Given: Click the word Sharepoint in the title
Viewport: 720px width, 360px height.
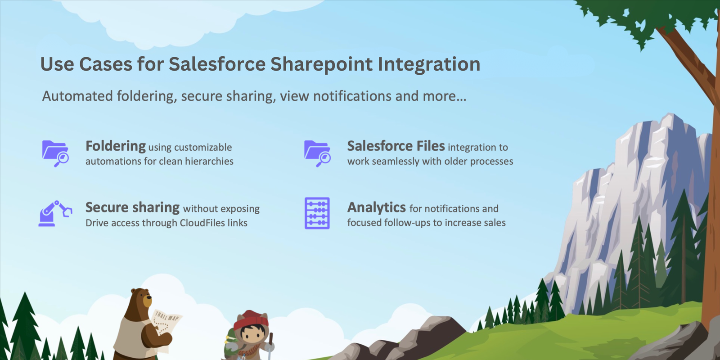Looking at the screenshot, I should click(x=321, y=64).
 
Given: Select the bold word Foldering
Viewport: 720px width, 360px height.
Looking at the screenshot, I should click(x=116, y=146).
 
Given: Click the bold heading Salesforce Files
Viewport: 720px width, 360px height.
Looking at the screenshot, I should click(x=396, y=146).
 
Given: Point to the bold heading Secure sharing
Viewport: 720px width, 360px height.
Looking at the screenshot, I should click(x=132, y=207).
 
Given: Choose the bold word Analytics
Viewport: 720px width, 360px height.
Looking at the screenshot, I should click(x=376, y=207).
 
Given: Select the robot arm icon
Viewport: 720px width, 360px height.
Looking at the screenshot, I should click(x=54, y=213).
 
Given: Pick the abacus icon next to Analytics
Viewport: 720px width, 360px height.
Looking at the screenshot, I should click(x=317, y=213).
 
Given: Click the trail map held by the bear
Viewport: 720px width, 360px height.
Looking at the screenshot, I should click(x=166, y=324).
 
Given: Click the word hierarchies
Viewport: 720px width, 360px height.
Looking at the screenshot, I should click(x=209, y=161).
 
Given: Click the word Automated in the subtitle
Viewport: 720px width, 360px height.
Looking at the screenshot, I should click(x=77, y=96).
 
